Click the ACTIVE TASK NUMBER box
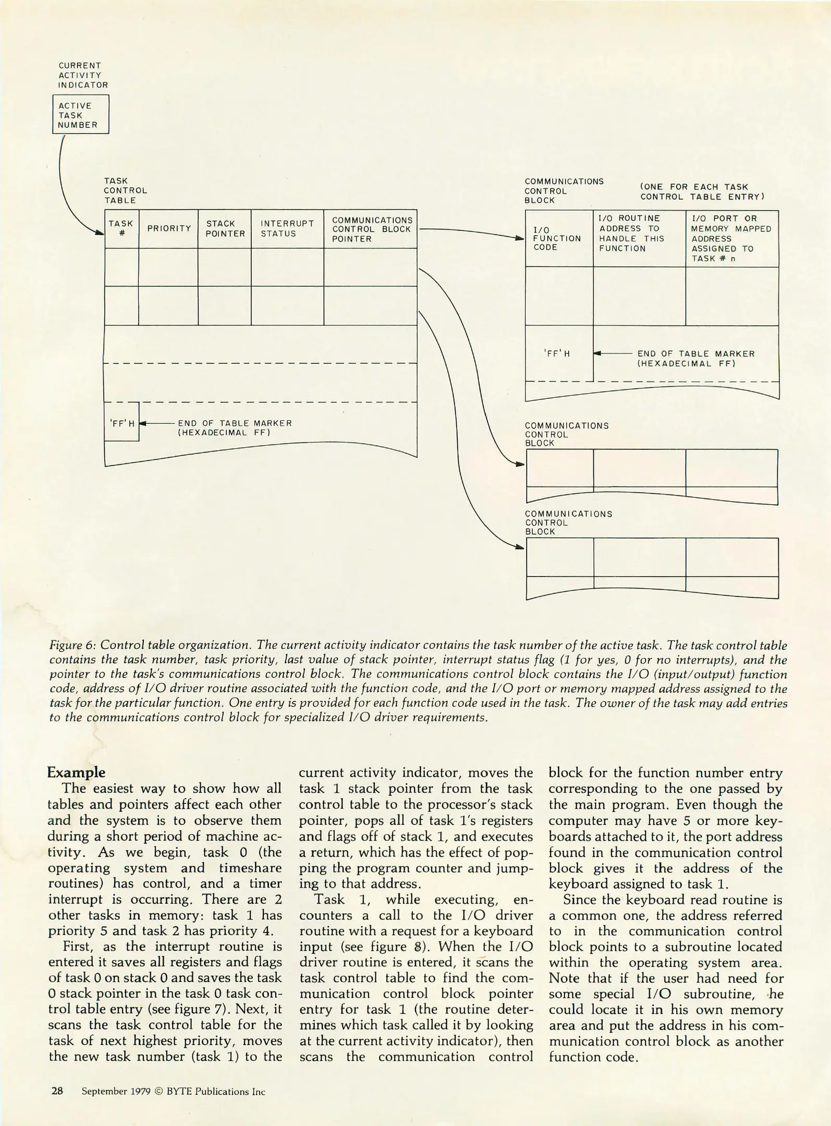point(81,115)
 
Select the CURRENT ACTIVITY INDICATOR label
point(83,75)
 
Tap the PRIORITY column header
point(168,228)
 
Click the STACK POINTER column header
point(225,228)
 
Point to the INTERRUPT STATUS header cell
point(287,228)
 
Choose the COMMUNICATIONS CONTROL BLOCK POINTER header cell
point(371,229)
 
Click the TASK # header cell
point(121,228)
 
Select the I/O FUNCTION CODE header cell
point(558,238)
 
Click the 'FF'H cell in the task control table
point(121,423)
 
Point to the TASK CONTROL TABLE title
point(125,190)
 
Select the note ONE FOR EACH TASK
point(701,191)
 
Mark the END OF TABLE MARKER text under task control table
point(235,427)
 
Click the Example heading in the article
point(76,773)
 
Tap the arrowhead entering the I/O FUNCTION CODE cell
point(519,238)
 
